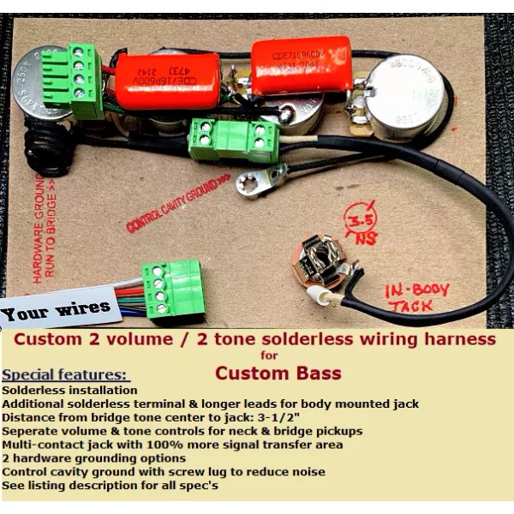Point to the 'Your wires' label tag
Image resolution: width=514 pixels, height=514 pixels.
[57, 308]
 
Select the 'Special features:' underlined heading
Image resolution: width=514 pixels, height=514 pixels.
[66, 375]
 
